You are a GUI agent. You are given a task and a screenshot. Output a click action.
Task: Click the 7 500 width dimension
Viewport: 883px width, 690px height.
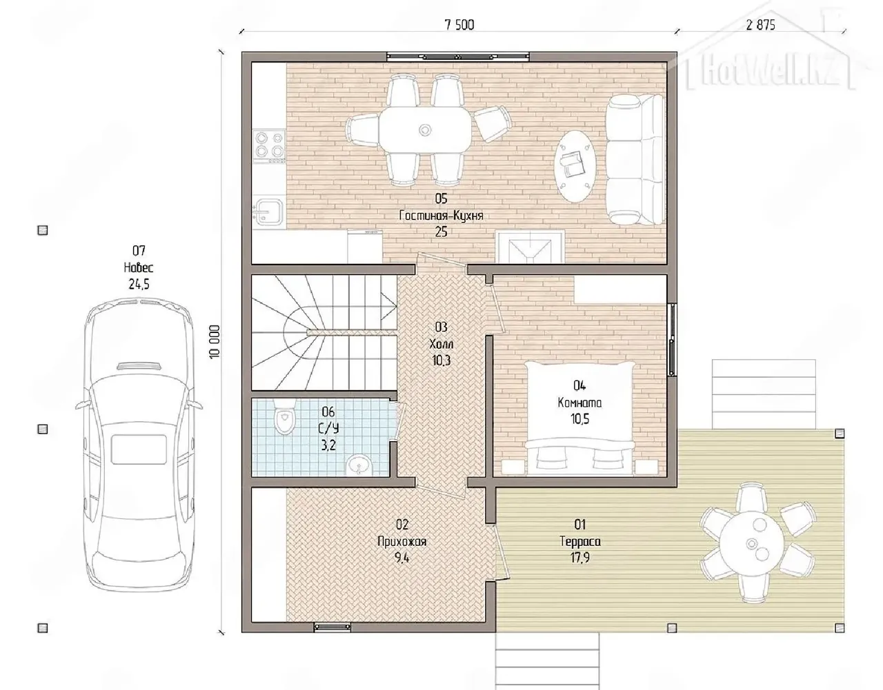click(x=459, y=26)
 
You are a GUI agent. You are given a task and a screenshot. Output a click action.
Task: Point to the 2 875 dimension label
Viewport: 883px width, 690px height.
click(x=760, y=26)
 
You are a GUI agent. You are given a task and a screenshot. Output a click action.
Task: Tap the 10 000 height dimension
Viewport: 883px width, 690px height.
click(x=215, y=341)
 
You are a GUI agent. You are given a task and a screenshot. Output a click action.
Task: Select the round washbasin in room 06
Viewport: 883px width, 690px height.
click(x=359, y=465)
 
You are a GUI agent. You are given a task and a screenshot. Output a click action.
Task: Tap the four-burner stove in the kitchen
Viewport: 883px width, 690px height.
click(x=268, y=145)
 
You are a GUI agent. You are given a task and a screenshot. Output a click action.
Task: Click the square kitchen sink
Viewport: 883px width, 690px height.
click(x=268, y=211)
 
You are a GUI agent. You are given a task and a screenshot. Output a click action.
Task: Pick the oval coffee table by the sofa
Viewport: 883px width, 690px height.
click(x=575, y=165)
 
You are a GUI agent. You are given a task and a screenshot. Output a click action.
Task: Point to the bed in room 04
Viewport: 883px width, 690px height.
click(x=579, y=418)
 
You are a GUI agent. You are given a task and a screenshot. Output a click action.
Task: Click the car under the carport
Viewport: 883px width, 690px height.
click(x=139, y=444)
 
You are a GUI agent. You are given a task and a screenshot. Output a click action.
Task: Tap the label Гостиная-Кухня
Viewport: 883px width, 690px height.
click(x=441, y=215)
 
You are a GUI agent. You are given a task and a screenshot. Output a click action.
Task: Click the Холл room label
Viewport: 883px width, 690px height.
click(x=441, y=344)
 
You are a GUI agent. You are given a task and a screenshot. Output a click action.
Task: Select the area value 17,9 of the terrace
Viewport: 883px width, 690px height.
click(x=580, y=558)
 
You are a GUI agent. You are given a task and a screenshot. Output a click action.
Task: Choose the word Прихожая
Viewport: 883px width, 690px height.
click(x=402, y=541)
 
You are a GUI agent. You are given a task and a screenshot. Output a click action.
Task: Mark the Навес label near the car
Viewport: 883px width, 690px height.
click(x=139, y=267)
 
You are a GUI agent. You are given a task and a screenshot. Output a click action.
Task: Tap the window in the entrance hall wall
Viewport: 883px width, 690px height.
click(x=332, y=627)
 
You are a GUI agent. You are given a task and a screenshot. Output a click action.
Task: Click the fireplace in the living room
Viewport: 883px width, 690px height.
click(x=530, y=246)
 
